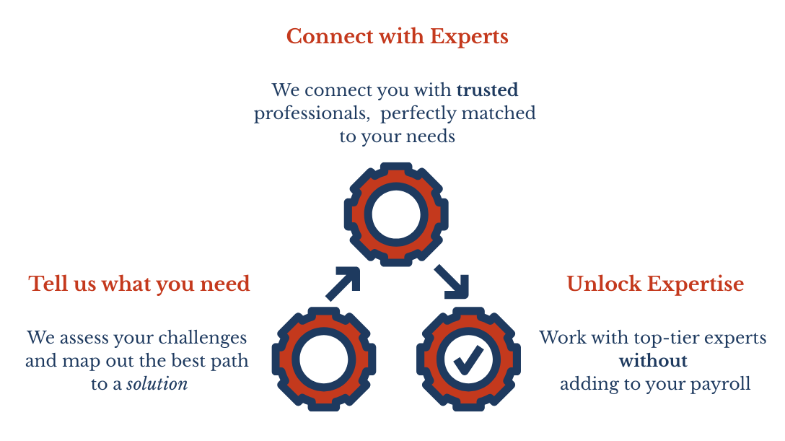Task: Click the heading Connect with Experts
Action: click(x=397, y=37)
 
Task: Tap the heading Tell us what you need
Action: click(x=139, y=284)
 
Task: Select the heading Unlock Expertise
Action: click(x=655, y=284)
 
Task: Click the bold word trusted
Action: click(x=487, y=90)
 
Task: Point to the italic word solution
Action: click(x=157, y=384)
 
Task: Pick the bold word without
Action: click(x=653, y=361)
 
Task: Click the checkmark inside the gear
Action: click(x=468, y=359)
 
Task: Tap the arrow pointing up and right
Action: click(x=343, y=284)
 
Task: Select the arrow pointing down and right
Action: click(x=452, y=281)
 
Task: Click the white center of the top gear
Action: click(x=396, y=214)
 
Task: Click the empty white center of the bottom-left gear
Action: click(x=324, y=359)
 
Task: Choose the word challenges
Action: click(x=202, y=339)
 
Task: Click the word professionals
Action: click(x=312, y=114)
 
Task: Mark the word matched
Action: click(x=499, y=113)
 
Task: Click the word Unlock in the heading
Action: click(x=604, y=284)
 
